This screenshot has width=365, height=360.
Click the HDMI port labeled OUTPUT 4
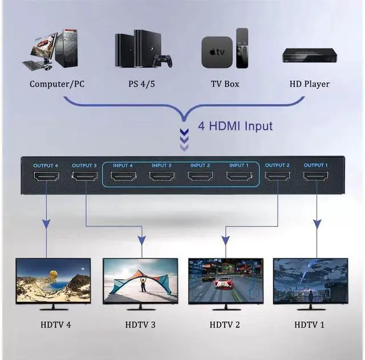(46, 176)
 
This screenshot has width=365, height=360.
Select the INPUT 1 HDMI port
(239, 176)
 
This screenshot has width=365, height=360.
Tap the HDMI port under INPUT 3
(162, 176)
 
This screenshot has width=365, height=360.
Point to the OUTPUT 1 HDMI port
(316, 176)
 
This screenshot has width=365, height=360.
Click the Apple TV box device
(216, 52)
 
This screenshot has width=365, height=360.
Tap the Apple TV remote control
(242, 48)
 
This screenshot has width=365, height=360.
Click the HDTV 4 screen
(53, 280)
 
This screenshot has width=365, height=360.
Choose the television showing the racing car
(225, 280)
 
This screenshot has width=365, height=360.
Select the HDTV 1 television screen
(310, 280)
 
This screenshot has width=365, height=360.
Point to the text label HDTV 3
(140, 325)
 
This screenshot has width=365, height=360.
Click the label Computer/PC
(57, 84)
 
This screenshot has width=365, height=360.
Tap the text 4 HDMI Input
(235, 126)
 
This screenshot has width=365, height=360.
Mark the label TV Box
(225, 84)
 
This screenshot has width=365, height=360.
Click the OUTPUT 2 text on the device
(277, 165)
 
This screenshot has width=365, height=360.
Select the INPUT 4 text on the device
(123, 165)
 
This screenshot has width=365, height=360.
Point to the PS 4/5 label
(141, 84)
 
